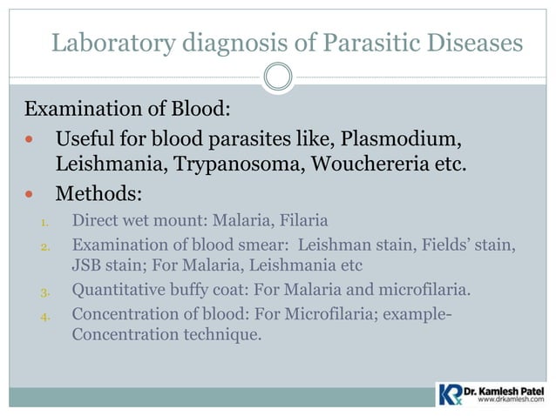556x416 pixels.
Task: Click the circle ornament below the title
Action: click(x=278, y=77)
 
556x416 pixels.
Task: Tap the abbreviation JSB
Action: click(x=87, y=264)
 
